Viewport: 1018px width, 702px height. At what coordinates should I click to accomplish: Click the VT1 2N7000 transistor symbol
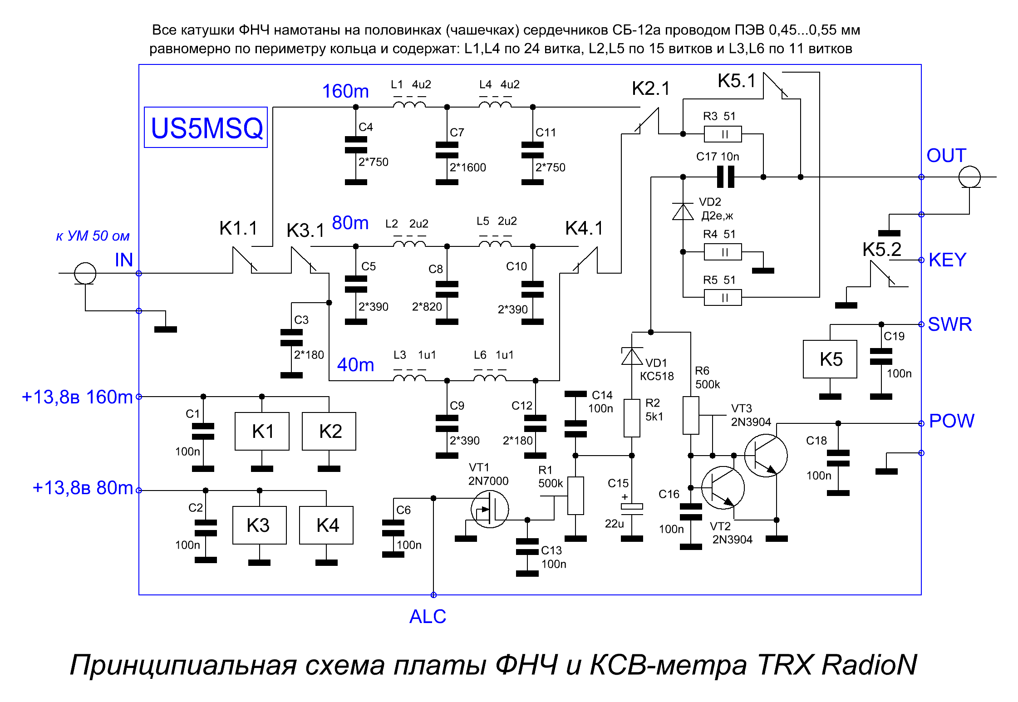coord(490,509)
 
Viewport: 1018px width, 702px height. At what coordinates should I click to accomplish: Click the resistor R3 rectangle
coord(723,134)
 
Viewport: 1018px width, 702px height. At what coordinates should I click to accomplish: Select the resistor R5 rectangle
coord(723,298)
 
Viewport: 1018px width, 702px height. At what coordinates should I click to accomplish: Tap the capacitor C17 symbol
coord(725,177)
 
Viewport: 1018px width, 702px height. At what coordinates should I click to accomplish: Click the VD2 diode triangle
coord(683,211)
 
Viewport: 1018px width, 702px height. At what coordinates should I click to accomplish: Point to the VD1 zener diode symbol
coord(632,356)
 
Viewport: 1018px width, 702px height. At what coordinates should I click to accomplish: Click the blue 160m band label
coord(345,91)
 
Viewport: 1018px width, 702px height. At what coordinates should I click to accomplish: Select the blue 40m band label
coord(355,365)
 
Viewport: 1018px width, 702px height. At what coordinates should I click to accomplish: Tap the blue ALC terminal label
coord(428,617)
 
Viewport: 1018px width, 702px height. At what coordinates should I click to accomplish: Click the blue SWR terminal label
coord(950,324)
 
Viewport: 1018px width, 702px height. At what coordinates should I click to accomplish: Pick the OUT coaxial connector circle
coord(969,177)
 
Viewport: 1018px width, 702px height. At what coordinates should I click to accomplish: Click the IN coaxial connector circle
coord(85,273)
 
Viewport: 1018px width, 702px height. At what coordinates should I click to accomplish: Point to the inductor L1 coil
coord(409,104)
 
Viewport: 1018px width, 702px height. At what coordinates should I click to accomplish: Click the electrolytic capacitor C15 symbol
coord(632,509)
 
